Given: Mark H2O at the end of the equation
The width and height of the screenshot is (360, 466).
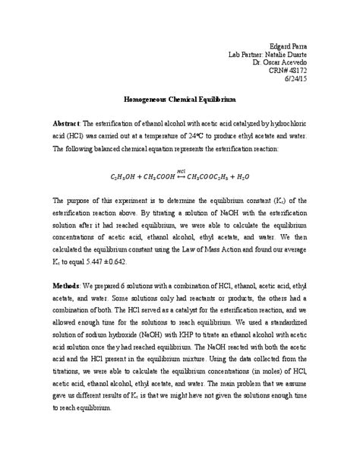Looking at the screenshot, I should point(247,176).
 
